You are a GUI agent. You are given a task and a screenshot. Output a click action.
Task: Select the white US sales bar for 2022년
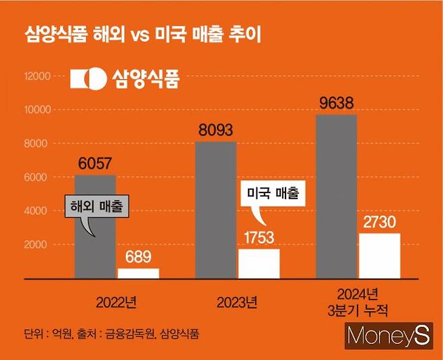point(138,273)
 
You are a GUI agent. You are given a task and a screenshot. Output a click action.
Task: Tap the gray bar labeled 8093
point(216,209)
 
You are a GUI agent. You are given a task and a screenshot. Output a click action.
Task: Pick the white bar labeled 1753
point(259,263)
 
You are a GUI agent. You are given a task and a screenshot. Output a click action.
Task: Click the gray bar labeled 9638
point(337,196)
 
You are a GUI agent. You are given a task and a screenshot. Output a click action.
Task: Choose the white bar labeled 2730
point(380,255)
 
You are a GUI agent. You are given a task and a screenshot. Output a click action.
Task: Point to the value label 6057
point(95,164)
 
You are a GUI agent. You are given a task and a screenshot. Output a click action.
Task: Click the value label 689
point(138,256)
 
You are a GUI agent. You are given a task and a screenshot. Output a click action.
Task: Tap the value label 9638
point(337,104)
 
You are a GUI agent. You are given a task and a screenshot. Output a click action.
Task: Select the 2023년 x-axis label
point(237,301)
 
